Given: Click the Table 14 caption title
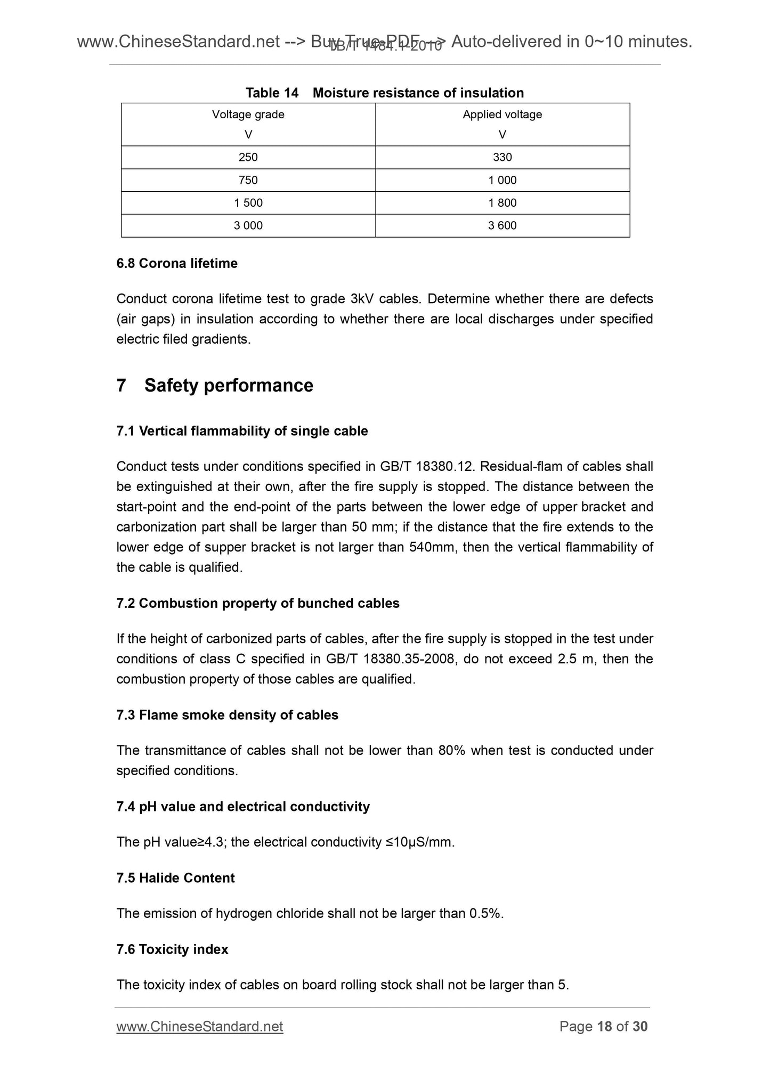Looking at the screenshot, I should pos(384,93).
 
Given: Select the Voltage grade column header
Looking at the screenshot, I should pos(248,115).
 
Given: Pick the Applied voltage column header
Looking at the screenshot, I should pos(502,115).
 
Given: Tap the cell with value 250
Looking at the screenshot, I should pos(248,157).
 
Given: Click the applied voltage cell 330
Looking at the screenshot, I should pos(502,157).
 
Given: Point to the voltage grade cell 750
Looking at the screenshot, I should pos(248,180).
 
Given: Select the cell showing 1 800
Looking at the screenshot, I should pos(502,203).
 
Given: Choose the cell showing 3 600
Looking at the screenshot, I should pos(502,226).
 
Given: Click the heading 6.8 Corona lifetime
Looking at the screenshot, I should pos(177,263).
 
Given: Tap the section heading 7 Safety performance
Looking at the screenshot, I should pos(215,385).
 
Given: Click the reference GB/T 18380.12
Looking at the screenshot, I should pos(426,466).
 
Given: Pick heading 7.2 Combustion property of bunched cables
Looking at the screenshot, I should pos(258,603).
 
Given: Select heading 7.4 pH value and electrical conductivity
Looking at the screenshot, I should pos(243,807).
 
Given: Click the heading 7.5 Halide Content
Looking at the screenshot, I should pos(175,877).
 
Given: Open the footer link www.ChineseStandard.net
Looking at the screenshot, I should pos(199,1026).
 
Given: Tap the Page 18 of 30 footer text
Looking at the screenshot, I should pos(603,1026).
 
